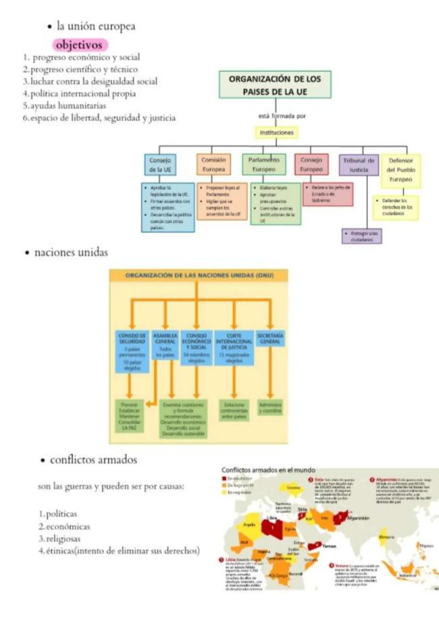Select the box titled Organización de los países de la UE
click(275, 84)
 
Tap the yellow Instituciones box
click(275, 133)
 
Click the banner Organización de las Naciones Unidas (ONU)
click(198, 275)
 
